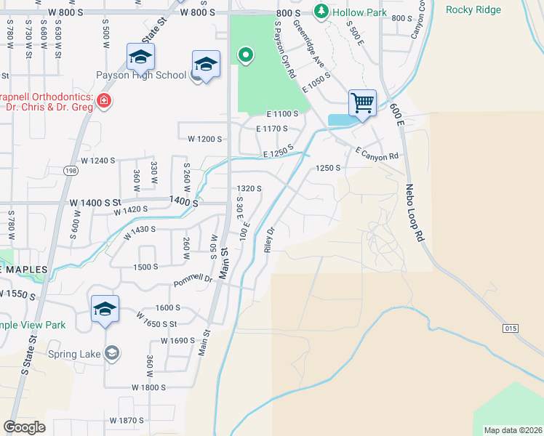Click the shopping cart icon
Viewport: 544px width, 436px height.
coord(362,102)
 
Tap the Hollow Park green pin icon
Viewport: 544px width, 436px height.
coord(321,12)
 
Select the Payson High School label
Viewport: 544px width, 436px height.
coord(143,74)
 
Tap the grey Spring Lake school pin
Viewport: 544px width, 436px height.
coord(111,353)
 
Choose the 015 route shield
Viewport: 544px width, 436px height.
coord(510,328)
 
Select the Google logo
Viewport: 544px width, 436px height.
coord(24,427)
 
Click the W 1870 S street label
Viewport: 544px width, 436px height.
coord(127,421)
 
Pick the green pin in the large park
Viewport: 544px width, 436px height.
coord(246,54)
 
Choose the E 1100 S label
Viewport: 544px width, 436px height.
coord(282,114)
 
